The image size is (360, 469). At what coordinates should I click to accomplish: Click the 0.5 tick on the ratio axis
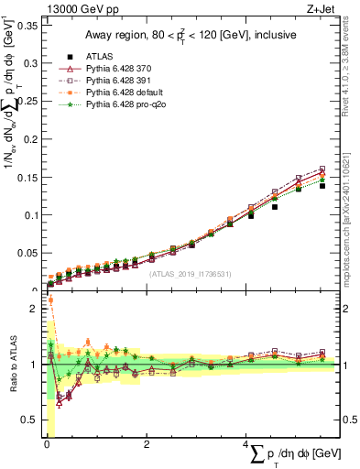tap(31, 420)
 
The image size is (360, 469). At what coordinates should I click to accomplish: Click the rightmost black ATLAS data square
tap(322, 185)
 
